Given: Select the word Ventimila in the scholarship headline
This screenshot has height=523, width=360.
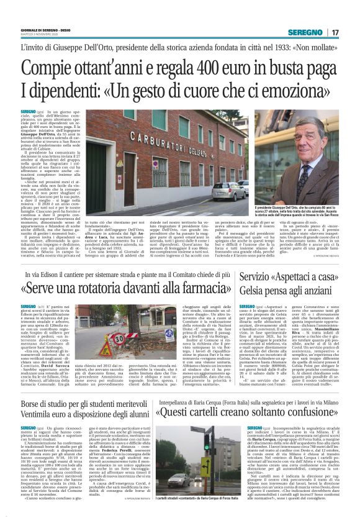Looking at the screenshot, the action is [36, 412].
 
